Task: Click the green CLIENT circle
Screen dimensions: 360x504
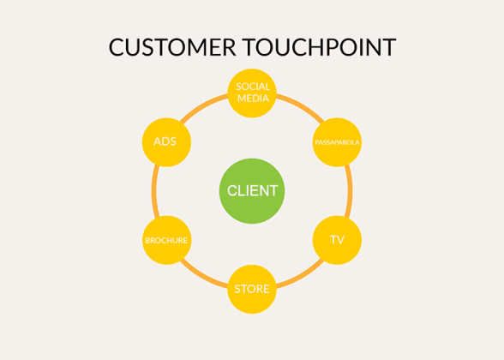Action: coord(252,190)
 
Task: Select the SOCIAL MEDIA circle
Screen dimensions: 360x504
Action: coord(252,92)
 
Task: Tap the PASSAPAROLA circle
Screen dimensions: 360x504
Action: coord(337,141)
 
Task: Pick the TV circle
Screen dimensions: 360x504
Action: coord(337,239)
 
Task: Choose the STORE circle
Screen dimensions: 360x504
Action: coord(252,288)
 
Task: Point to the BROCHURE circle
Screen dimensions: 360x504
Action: coord(165,239)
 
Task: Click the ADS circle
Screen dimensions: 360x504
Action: coord(165,141)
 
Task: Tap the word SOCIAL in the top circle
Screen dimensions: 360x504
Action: coord(253,86)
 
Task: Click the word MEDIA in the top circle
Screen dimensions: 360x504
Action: coord(253,98)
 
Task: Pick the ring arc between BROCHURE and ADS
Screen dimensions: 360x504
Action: coord(154,190)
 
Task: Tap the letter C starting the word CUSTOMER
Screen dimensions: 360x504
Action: coord(117,46)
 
